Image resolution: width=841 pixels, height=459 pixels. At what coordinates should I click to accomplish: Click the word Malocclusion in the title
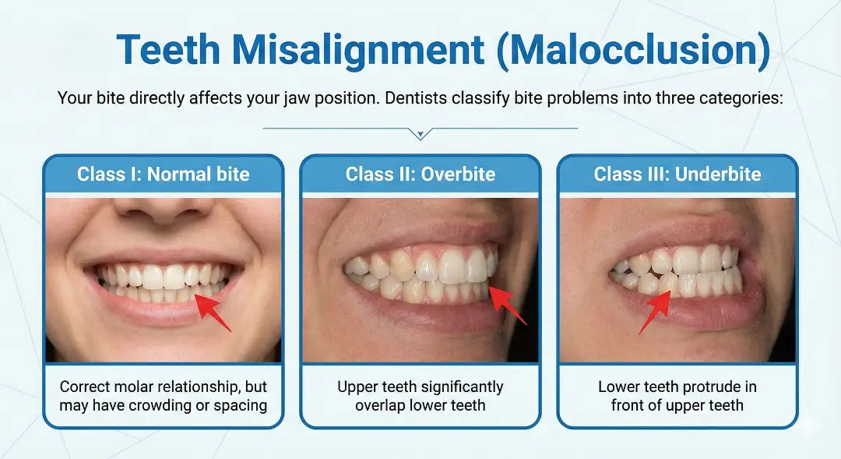click(x=629, y=51)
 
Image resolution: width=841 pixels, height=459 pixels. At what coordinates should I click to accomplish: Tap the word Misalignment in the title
click(x=357, y=51)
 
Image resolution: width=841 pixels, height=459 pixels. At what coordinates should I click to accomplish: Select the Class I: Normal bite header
click(x=164, y=174)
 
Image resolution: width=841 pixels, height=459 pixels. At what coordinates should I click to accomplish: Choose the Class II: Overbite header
click(x=420, y=174)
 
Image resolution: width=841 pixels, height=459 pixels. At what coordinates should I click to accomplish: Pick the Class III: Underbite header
click(x=677, y=174)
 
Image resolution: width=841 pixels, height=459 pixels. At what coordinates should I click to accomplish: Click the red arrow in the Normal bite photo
click(x=212, y=312)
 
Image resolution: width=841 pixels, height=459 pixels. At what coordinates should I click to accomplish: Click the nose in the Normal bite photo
click(x=164, y=209)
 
